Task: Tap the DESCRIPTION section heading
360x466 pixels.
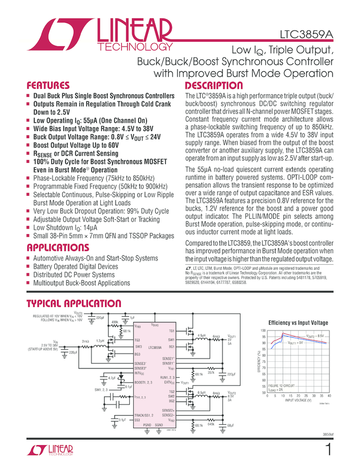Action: coord(214,86)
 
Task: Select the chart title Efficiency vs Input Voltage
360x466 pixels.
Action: coord(298,323)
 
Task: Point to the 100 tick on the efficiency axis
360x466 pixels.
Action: coord(263,331)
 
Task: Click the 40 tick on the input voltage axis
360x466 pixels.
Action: coord(329,395)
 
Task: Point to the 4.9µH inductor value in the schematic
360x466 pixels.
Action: coord(201,334)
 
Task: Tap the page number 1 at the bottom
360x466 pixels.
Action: coord(328,450)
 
